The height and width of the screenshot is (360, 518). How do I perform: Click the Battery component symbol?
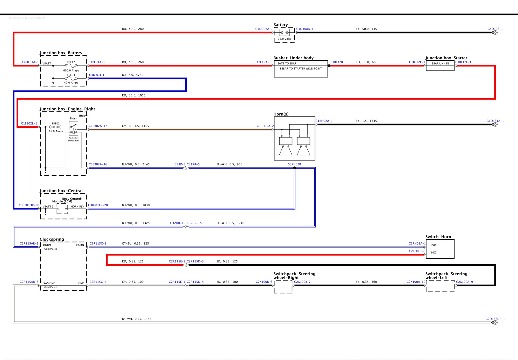284,33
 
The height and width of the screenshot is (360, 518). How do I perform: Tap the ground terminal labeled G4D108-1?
495,33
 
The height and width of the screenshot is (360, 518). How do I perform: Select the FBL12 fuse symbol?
71,66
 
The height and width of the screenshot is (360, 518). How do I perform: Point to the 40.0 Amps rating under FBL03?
71,83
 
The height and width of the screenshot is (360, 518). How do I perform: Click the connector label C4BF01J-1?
97,75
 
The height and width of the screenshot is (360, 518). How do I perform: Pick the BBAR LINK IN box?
440,63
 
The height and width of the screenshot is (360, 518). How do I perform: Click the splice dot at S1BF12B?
329,66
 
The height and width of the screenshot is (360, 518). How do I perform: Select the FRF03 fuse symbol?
56,127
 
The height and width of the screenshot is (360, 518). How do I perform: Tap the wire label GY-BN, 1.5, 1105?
135,126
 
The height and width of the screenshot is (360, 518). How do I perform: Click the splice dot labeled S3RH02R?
294,168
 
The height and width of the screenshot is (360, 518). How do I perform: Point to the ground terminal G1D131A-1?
495,124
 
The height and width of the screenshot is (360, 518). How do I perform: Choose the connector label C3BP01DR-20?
29,205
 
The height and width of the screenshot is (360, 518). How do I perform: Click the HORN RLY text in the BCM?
77,207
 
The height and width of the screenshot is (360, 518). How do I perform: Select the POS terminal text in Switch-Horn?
434,245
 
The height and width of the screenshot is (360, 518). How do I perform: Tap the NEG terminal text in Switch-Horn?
434,252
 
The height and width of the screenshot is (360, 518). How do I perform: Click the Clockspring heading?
52,239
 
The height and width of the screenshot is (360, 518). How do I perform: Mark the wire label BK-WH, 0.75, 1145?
137,319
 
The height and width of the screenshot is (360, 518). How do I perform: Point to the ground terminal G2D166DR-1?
495,322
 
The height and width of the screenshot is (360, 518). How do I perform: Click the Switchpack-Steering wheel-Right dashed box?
283,287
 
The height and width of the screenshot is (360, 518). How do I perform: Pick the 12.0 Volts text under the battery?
284,39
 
